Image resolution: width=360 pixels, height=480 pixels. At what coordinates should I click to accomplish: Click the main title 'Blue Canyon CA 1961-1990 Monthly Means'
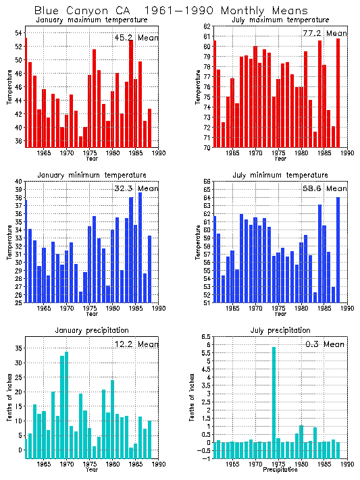pyautogui.click(x=170, y=11)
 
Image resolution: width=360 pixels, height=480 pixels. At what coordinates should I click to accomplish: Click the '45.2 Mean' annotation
pyautogui.click(x=136, y=38)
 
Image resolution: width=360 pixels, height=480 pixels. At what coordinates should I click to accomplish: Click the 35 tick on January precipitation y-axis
pyautogui.click(x=19, y=348)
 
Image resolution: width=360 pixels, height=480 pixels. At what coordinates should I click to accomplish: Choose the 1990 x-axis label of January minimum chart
pyautogui.click(x=159, y=309)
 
